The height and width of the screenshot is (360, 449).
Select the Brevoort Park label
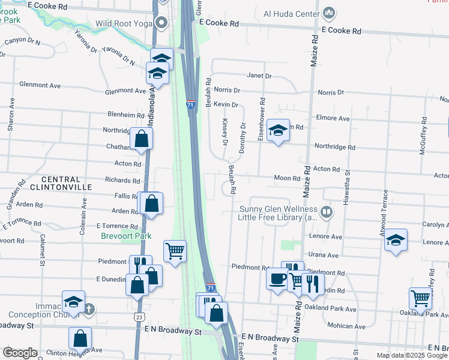[x=125, y=236]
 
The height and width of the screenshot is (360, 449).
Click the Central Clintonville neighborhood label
[x=66, y=183]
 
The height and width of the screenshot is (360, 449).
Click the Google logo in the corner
[x=20, y=353]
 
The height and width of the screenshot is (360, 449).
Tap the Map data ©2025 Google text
[x=411, y=355]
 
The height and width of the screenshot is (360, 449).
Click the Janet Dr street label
[x=259, y=76]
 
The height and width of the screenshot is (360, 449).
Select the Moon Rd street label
[x=286, y=178]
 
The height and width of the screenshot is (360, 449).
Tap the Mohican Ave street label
[x=347, y=326]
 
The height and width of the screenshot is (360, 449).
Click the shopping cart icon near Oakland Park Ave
[x=420, y=297]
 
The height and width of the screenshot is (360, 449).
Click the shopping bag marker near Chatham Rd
[x=141, y=139]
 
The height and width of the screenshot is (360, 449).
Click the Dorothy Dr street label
[x=243, y=138]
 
